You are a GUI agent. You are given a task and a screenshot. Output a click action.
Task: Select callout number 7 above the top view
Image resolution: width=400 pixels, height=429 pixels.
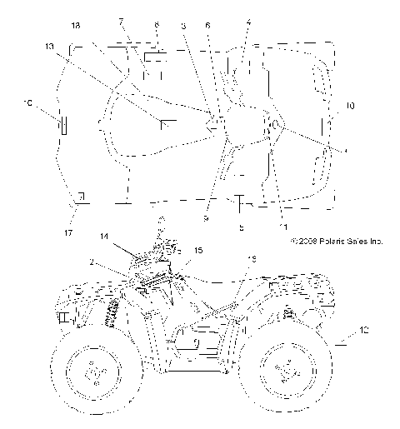[122, 21]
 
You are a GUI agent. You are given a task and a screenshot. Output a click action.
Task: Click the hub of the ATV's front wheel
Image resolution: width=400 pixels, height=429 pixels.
[93, 369]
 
